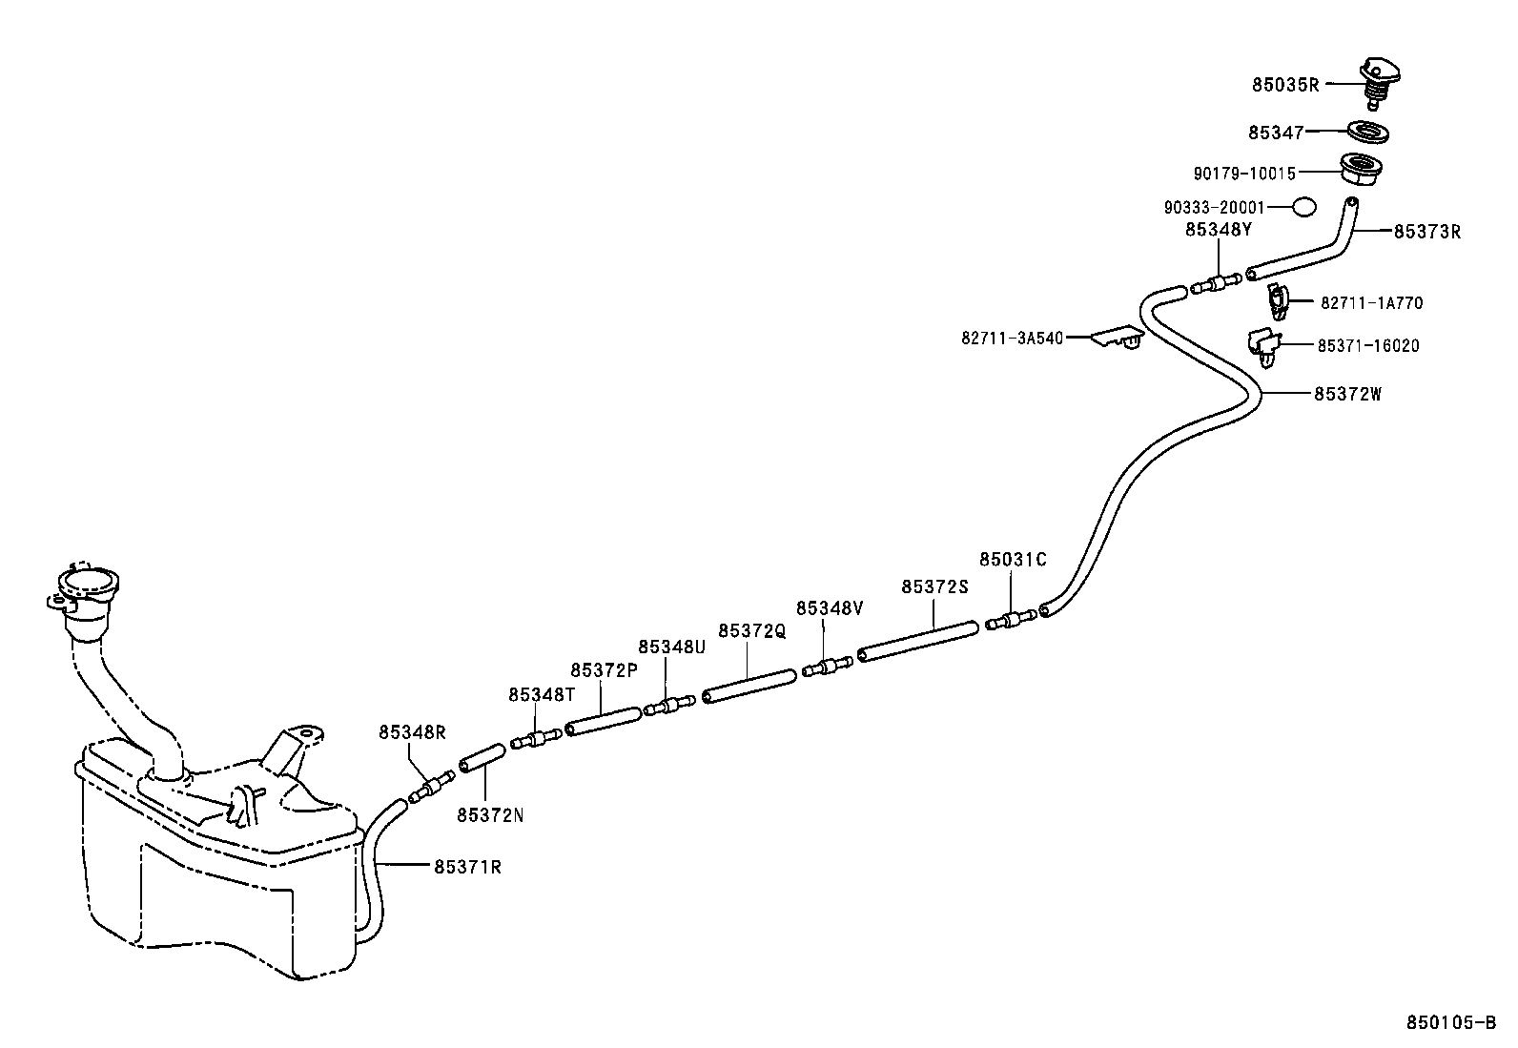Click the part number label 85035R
point(1285,84)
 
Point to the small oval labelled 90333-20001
point(1304,206)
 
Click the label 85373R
point(1427,231)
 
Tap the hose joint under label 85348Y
point(1217,283)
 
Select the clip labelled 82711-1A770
point(1277,301)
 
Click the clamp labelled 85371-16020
point(1263,346)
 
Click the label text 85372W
point(1347,393)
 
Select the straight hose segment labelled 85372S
point(918,640)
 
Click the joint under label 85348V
point(827,666)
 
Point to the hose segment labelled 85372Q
point(749,686)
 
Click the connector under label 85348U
point(669,706)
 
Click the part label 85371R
point(467,867)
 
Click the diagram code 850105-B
point(1451,1023)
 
